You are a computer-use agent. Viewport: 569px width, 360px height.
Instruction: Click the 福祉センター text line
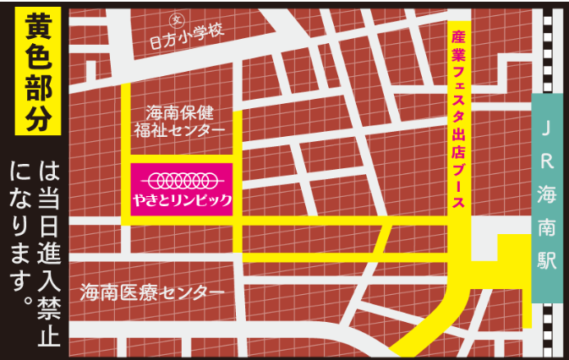point(179,130)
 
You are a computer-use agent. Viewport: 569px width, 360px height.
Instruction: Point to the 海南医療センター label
point(153,292)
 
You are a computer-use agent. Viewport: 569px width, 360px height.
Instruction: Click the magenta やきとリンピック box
point(182,190)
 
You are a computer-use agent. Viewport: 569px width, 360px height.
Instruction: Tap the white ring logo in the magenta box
point(182,179)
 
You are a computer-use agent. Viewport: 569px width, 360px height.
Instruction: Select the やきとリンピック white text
point(182,200)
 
